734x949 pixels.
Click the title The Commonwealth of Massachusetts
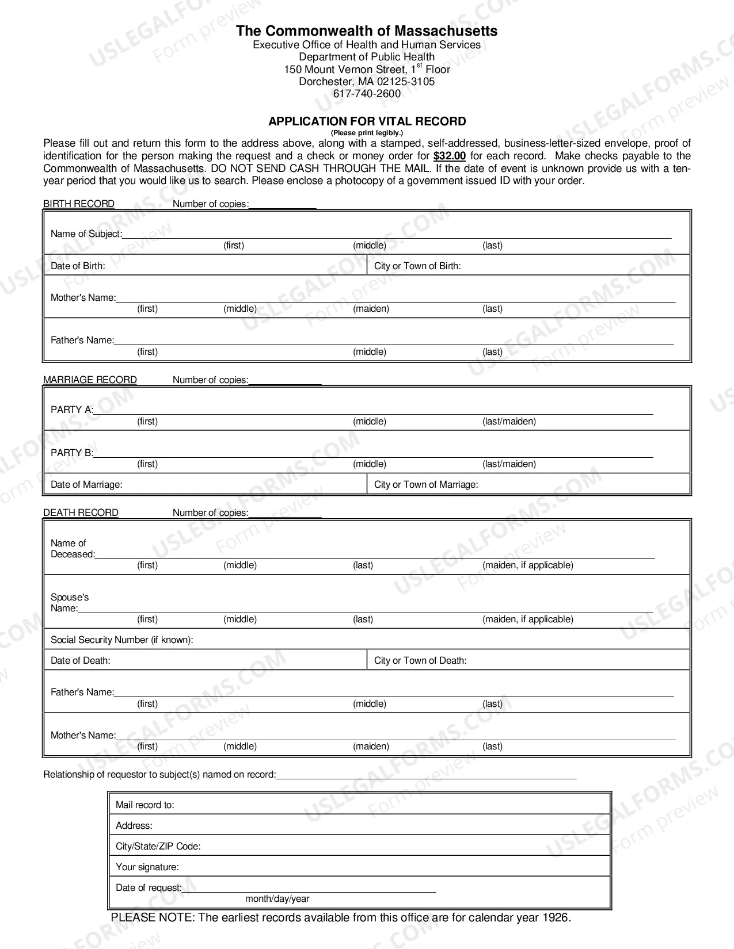tap(367, 31)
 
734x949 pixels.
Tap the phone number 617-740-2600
tap(367, 94)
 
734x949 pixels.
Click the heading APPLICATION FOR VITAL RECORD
tap(367, 121)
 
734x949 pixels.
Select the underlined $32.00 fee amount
tap(450, 156)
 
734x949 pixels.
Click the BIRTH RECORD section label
tap(79, 204)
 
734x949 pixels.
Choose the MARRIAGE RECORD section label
tap(90, 380)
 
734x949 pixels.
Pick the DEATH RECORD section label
tap(81, 512)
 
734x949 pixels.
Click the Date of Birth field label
tap(78, 266)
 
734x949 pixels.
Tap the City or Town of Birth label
tap(417, 266)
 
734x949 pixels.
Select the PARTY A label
tap(71, 410)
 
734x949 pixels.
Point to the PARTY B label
tap(71, 453)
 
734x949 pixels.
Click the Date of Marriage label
tap(86, 484)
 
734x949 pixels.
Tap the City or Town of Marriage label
tap(426, 484)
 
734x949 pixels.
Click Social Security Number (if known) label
tap(121, 640)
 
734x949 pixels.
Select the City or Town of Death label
tap(420, 660)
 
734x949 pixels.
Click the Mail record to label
tap(144, 805)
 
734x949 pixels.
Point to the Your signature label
tap(147, 867)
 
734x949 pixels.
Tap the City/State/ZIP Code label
tap(158, 846)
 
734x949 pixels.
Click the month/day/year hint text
tap(277, 898)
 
